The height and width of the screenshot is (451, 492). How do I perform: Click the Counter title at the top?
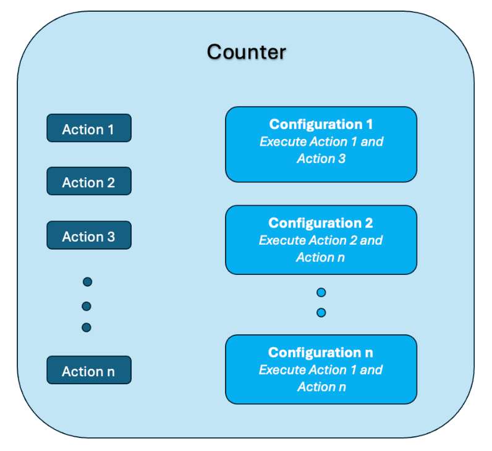click(x=246, y=52)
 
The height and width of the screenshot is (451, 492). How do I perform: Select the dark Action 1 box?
click(x=89, y=129)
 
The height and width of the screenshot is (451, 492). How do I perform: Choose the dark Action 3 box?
click(x=89, y=235)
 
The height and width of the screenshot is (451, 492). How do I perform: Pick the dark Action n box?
click(x=89, y=370)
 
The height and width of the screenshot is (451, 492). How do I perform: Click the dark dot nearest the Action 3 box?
click(x=87, y=282)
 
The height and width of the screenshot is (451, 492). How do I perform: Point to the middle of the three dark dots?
click(x=87, y=306)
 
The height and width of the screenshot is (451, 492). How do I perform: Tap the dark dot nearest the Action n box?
click(x=87, y=327)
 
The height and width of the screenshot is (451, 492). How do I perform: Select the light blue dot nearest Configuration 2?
click(x=321, y=292)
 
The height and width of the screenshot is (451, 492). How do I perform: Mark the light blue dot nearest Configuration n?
click(x=321, y=313)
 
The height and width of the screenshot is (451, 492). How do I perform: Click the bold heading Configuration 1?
click(x=321, y=124)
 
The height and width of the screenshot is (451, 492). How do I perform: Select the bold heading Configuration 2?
click(x=321, y=223)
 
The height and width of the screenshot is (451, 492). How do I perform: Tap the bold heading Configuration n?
click(x=321, y=353)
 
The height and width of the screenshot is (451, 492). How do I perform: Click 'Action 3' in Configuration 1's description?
click(x=321, y=159)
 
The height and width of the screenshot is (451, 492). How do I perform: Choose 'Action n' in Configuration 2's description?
click(x=321, y=257)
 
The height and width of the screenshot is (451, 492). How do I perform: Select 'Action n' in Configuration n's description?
click(x=321, y=387)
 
